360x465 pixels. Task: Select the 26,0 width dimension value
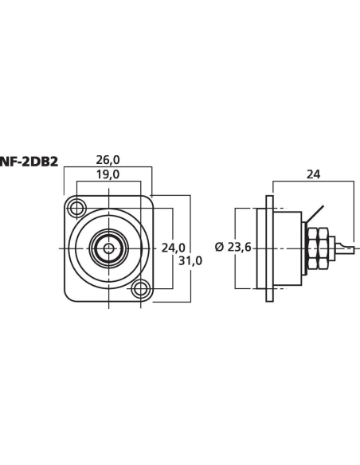coord(108,161)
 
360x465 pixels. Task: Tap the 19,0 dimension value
coord(108,174)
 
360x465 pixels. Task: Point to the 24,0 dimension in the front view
coord(173,248)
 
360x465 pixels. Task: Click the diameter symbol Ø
coord(219,248)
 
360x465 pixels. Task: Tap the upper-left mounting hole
coord(76,209)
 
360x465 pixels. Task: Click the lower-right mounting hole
coord(140,287)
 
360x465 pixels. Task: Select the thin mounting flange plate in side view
coord(270,248)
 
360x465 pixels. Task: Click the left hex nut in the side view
coord(312,248)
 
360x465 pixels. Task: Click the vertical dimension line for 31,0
coord(190,231)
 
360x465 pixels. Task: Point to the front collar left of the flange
coord(260,248)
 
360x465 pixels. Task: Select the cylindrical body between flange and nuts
coord(288,248)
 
